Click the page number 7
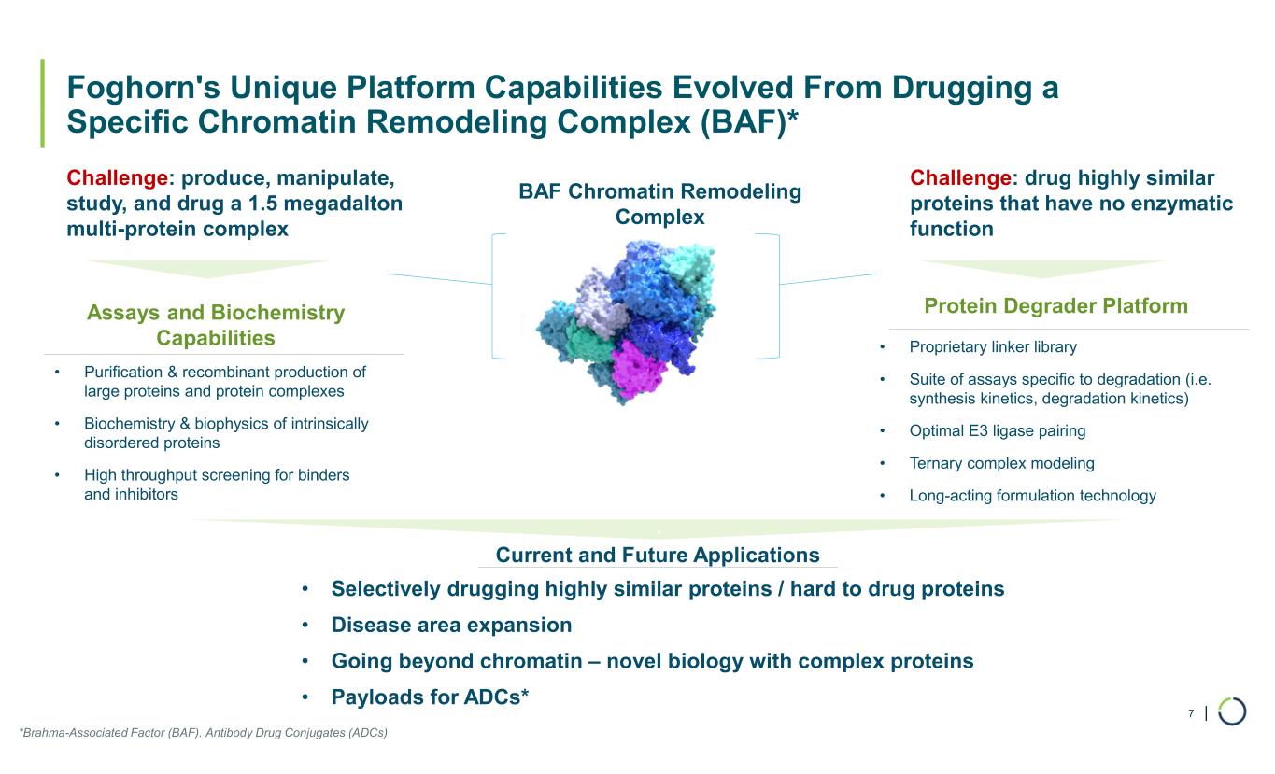click(x=1191, y=713)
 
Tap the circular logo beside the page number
click(x=1232, y=711)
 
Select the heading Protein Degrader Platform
click(x=1055, y=305)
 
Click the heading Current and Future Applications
click(x=658, y=556)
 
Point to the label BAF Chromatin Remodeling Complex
click(x=659, y=204)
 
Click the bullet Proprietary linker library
click(x=992, y=347)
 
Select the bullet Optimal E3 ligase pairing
click(x=997, y=431)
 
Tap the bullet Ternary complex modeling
click(x=1001, y=463)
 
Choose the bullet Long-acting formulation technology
click(x=1032, y=496)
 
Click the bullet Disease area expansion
click(x=451, y=625)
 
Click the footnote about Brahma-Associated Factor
click(x=203, y=733)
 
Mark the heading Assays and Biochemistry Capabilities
click(x=216, y=325)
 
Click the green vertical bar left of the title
click(x=42, y=104)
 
